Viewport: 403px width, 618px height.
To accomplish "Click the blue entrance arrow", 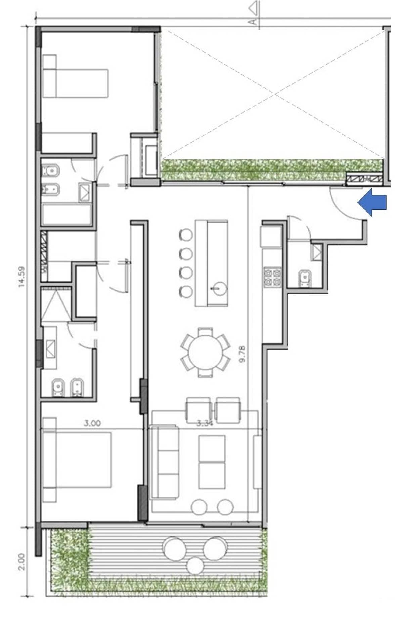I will click(x=372, y=203).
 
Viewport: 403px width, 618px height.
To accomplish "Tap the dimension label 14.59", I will click(x=22, y=277).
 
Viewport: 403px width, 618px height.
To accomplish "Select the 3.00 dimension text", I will click(x=92, y=423).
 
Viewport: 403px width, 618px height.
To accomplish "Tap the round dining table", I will click(x=205, y=352).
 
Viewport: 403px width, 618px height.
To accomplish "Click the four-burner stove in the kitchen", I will click(x=272, y=277).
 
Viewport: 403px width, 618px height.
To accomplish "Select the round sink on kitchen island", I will click(x=219, y=288).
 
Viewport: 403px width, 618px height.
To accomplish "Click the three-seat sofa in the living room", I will click(x=165, y=462).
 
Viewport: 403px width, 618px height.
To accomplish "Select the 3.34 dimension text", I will click(x=205, y=424).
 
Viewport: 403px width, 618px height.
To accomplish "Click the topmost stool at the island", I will click(x=186, y=234).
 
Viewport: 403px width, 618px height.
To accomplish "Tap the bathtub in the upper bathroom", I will click(x=67, y=214).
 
